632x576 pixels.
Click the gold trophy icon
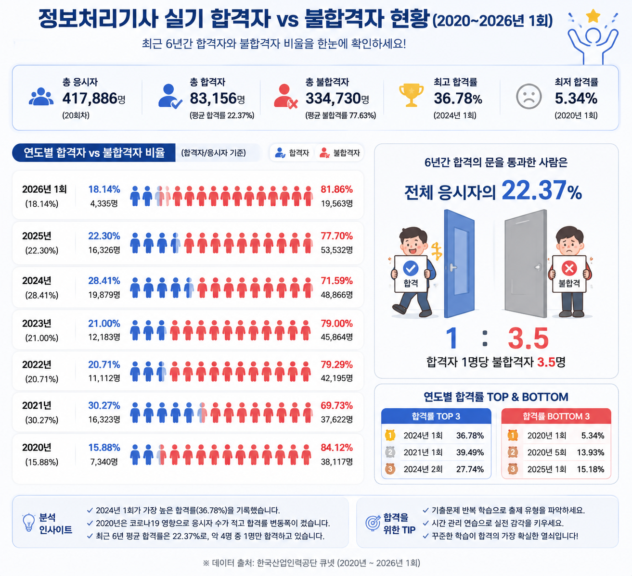pyautogui.click(x=411, y=95)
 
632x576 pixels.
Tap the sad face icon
pyautogui.click(x=529, y=96)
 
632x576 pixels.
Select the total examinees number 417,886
pyautogui.click(x=90, y=98)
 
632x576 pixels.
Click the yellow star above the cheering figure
pyautogui.click(x=593, y=16)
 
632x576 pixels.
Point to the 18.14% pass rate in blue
pyautogui.click(x=104, y=189)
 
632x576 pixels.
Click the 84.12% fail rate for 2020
pyautogui.click(x=336, y=447)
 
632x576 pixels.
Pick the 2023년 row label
pyautogui.click(x=37, y=323)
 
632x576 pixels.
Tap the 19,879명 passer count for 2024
pyautogui.click(x=104, y=295)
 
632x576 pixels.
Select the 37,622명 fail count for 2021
pyautogui.click(x=336, y=419)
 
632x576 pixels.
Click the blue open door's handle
pyautogui.click(x=452, y=268)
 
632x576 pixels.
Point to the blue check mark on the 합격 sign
pyautogui.click(x=411, y=268)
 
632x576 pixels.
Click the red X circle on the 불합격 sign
pyautogui.click(x=569, y=268)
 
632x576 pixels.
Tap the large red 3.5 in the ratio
pyautogui.click(x=528, y=338)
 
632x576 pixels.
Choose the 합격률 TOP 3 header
pyautogui.click(x=436, y=416)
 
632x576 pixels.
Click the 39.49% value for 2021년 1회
pyautogui.click(x=470, y=452)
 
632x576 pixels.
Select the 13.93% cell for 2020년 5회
pyautogui.click(x=591, y=452)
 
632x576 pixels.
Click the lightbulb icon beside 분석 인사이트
pyautogui.click(x=29, y=523)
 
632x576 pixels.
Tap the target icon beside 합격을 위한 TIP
pyautogui.click(x=373, y=523)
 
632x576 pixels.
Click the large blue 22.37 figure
pyautogui.click(x=534, y=190)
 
